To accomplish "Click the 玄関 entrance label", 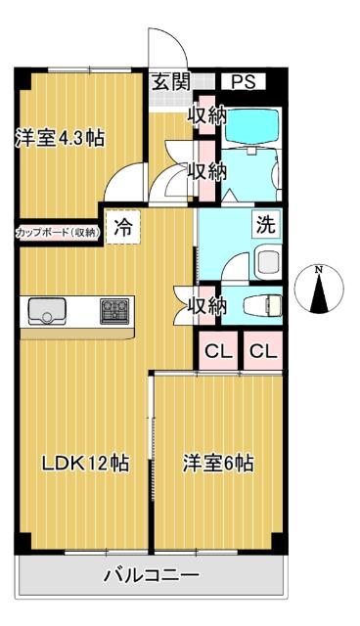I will pos(170,82).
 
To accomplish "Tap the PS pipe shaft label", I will pos(242,82).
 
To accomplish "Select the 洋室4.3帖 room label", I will pos(60,138).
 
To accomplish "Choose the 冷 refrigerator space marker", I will pos(122,229).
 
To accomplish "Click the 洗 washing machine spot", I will pos(265,224).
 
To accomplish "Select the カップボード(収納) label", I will pos(57,232).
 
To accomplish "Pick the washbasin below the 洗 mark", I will pos(266,261).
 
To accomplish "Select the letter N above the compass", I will pos(319,267).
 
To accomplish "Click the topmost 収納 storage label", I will pos(207,114).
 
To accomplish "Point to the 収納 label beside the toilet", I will pos(207,305).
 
